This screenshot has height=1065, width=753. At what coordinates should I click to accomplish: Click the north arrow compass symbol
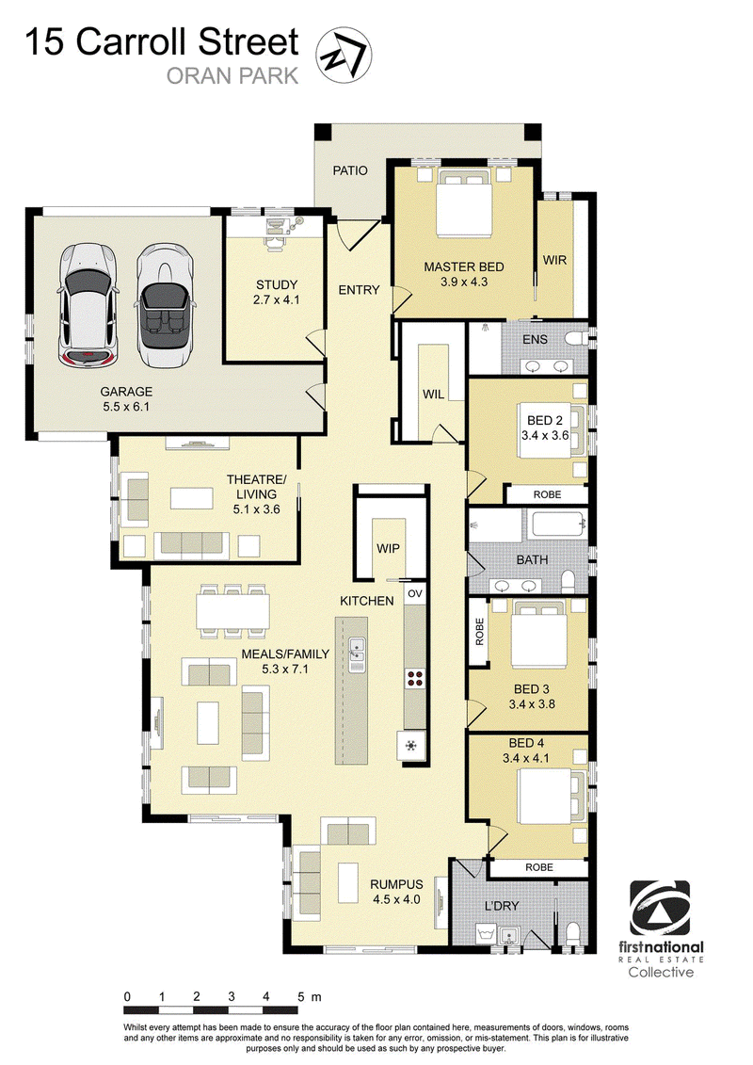344,55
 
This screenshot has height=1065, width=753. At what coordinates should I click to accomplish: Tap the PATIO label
350,170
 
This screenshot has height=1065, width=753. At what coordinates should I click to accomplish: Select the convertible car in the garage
164,305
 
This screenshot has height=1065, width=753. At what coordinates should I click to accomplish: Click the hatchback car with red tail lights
88,306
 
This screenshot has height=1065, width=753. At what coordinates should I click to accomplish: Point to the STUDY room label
277,284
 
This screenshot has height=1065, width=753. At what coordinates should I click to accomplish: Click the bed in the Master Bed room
464,203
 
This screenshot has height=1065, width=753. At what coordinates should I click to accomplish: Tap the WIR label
554,260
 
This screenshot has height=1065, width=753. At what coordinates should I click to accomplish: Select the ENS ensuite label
535,339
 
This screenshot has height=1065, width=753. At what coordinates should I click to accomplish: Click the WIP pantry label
389,548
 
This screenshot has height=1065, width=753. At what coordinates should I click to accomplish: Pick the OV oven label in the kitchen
415,593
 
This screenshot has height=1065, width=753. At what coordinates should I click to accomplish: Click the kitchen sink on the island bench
357,654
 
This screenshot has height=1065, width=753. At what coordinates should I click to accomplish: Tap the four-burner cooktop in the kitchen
415,678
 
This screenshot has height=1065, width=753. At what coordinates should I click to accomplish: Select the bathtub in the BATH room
559,525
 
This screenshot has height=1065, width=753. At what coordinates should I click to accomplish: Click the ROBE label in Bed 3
480,632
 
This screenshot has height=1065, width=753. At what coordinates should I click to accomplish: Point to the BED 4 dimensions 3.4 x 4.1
526,758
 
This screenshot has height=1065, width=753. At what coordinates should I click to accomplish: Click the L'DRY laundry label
502,905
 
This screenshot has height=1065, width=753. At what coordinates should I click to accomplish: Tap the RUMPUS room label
396,884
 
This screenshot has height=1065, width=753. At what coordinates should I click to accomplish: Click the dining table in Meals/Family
232,611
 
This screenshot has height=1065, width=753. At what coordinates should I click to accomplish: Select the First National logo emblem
660,908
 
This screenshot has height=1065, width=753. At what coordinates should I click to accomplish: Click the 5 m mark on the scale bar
301,997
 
